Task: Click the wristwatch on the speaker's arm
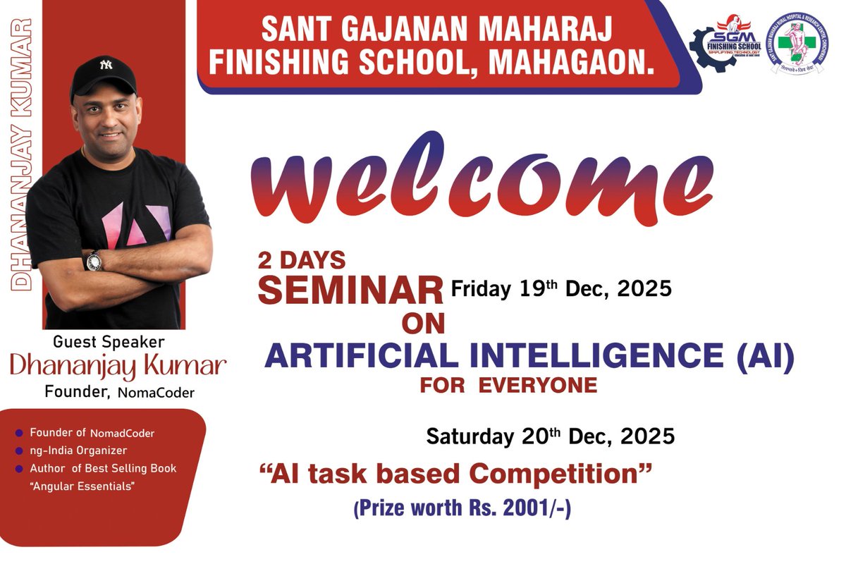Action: tap(93, 261)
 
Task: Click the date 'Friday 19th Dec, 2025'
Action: tap(561, 288)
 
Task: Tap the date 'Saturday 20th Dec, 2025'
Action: tap(550, 436)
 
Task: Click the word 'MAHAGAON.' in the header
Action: tap(572, 61)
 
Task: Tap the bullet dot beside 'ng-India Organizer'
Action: tap(19, 450)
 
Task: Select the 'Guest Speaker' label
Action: tap(109, 342)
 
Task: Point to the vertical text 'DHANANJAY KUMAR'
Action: tap(23, 155)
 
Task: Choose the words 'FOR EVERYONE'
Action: tap(508, 386)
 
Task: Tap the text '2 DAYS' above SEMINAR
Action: tap(302, 261)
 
